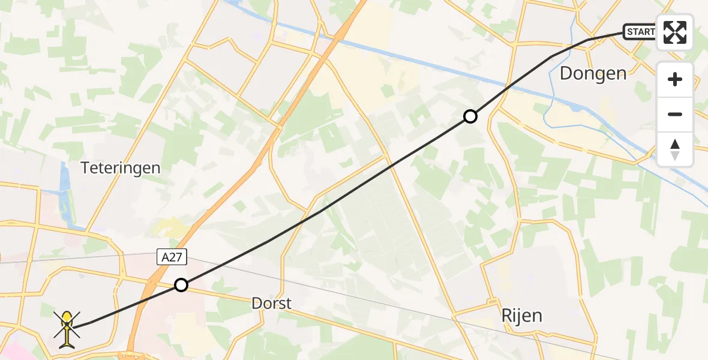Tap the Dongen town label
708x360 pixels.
[x=593, y=74]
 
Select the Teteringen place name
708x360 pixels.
[x=121, y=167]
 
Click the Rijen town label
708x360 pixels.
[x=521, y=316]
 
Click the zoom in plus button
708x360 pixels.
[x=675, y=79]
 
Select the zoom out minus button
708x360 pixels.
[x=675, y=114]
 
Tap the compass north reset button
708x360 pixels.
[x=675, y=149]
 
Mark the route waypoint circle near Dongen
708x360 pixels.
[x=470, y=116]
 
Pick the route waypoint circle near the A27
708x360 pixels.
[x=181, y=285]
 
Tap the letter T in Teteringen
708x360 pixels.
[x=85, y=167]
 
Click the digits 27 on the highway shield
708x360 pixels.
[x=177, y=257]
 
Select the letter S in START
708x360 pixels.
[x=631, y=31]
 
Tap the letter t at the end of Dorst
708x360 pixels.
[x=289, y=304]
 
